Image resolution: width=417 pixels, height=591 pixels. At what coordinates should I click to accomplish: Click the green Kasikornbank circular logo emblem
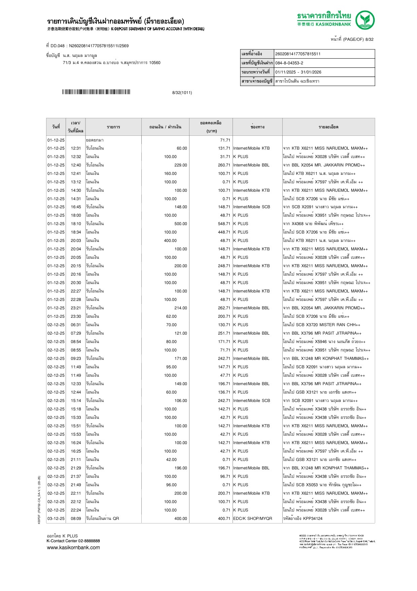tap(365, 20)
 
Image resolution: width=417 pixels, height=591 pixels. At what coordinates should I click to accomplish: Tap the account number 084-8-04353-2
tap(289, 63)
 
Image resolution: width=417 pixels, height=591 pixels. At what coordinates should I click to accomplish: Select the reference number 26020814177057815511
tap(298, 54)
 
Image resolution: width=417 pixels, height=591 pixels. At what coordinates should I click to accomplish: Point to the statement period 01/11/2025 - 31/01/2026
tap(298, 72)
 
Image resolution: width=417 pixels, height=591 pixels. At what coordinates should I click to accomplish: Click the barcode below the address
tap(96, 92)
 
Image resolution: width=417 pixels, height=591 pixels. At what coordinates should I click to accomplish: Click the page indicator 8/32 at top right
tap(369, 39)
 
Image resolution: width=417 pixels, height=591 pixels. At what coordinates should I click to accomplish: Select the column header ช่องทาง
tap(257, 127)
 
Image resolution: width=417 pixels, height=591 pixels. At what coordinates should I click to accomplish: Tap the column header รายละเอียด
tap(328, 127)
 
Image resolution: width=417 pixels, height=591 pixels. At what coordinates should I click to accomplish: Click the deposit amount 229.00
tap(180, 165)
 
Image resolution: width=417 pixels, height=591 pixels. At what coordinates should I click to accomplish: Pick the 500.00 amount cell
tap(180, 224)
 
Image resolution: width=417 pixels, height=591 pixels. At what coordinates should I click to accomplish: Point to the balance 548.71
tap(224, 224)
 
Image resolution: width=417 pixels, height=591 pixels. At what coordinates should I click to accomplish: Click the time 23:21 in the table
tap(76, 308)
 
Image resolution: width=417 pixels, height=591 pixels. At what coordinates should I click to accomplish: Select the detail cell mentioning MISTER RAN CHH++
tap(321, 325)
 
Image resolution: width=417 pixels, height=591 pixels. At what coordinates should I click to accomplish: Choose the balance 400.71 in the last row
tap(224, 519)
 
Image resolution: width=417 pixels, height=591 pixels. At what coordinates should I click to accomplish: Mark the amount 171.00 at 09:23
tap(180, 359)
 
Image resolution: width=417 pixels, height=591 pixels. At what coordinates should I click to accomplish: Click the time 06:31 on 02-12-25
tap(76, 325)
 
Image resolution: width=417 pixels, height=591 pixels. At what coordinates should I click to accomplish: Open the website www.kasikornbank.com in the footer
tap(73, 547)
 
